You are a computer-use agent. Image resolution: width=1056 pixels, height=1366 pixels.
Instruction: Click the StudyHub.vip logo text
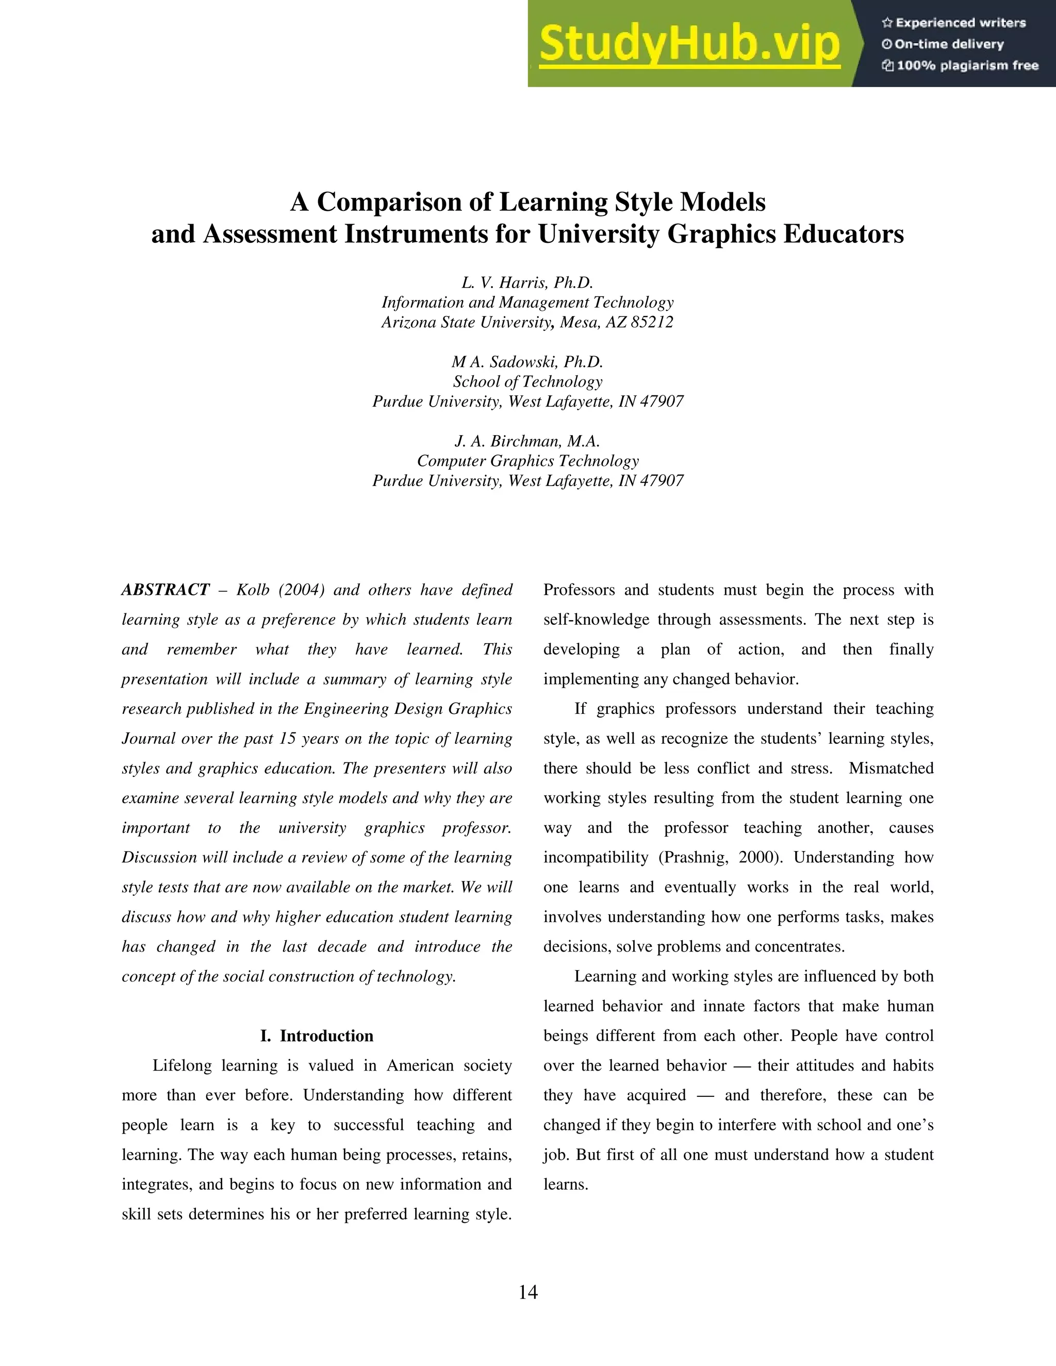click(x=689, y=44)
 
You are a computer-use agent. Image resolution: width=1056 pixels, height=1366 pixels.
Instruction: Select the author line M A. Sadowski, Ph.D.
click(x=527, y=362)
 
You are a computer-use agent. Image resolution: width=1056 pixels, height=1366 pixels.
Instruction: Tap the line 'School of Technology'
click(x=527, y=381)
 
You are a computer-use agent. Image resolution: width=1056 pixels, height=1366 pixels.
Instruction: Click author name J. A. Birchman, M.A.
click(x=527, y=442)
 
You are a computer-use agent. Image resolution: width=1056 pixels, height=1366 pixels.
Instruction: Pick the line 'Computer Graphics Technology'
click(x=527, y=461)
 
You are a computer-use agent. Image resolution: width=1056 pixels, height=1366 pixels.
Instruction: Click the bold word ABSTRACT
click(x=165, y=590)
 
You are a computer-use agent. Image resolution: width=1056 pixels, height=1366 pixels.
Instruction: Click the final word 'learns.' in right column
click(x=566, y=1184)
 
